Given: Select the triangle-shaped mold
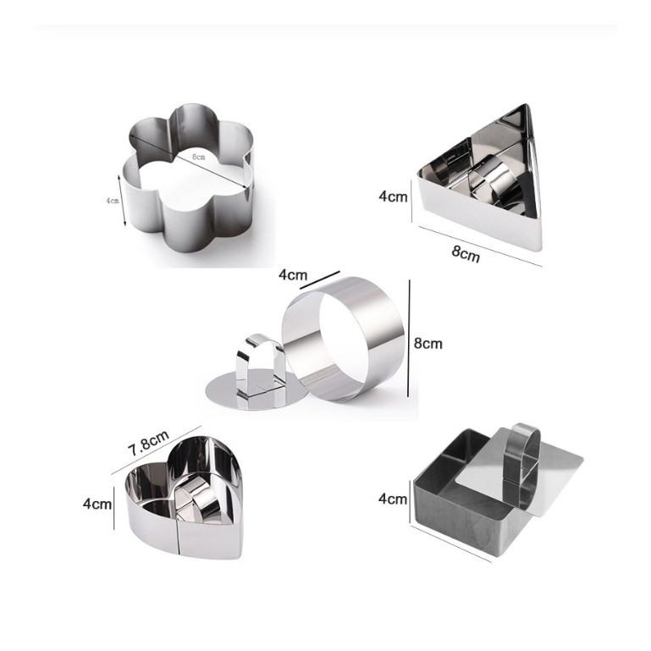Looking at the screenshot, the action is pyautogui.click(x=477, y=216).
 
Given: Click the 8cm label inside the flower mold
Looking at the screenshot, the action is pyautogui.click(x=198, y=157).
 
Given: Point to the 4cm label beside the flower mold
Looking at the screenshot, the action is pyautogui.click(x=113, y=201).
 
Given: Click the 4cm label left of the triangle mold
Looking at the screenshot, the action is pyautogui.click(x=393, y=196).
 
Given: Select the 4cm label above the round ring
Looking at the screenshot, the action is pyautogui.click(x=293, y=275).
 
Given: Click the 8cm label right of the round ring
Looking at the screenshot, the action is pyautogui.click(x=428, y=344).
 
